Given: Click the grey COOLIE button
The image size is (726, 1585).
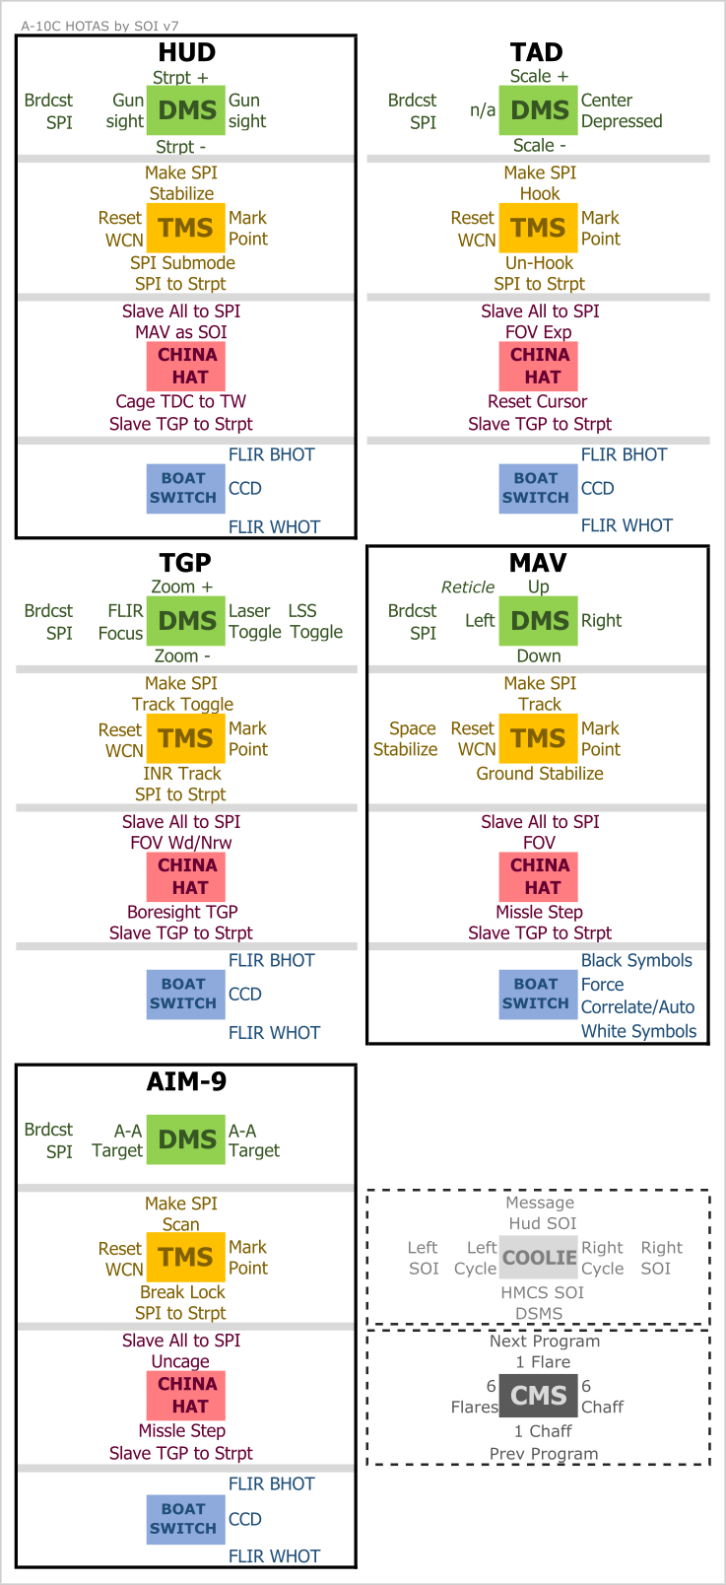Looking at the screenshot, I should [539, 1257].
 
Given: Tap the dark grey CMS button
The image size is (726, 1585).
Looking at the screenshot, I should [539, 1396].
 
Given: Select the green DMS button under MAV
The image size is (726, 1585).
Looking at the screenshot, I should [539, 621].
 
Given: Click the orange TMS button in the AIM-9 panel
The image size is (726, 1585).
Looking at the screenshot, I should [185, 1257].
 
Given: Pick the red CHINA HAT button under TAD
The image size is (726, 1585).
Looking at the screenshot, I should [539, 366].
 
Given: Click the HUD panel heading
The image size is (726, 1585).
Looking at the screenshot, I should [186, 52].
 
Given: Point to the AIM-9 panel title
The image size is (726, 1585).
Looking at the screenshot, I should [186, 1081].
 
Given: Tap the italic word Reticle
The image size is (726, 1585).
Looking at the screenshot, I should [467, 587].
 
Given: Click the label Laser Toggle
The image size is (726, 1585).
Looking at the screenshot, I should [255, 621].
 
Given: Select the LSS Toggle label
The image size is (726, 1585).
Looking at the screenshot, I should [315, 621].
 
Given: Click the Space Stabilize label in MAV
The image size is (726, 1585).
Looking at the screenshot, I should [406, 738].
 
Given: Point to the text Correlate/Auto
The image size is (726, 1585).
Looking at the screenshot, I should [637, 1007].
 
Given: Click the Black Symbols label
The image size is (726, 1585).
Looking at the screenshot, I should [636, 961].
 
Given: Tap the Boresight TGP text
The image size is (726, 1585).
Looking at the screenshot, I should [182, 912].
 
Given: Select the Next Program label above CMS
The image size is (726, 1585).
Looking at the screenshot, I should [544, 1342].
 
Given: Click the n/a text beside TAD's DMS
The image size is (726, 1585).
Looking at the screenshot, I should [483, 110].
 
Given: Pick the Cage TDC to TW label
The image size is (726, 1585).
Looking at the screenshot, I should [181, 402].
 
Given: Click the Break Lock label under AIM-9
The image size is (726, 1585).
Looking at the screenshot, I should [182, 1292].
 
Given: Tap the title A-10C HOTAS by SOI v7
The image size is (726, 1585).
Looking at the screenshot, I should [99, 26].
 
